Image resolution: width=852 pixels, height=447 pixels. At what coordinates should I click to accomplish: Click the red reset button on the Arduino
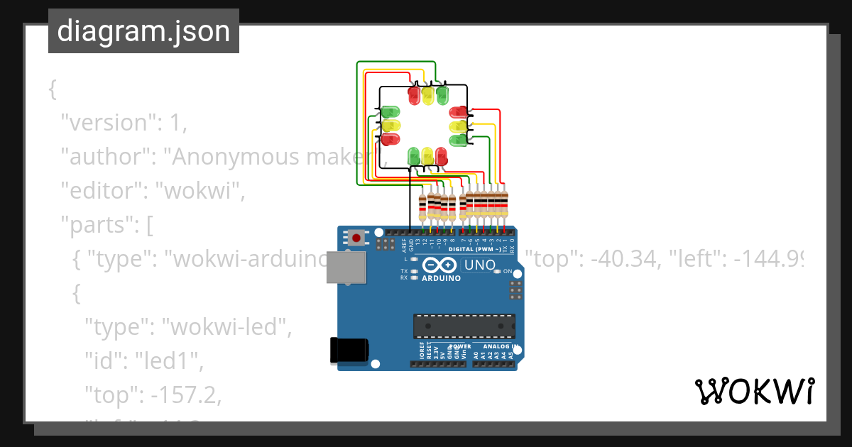pyautogui.click(x=356, y=238)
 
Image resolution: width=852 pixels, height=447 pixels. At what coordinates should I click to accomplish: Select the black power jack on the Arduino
pyautogui.click(x=349, y=351)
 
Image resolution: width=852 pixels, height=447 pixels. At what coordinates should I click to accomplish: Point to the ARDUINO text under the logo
pyautogui.click(x=442, y=278)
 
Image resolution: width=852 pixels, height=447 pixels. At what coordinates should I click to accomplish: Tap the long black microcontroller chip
pyautogui.click(x=464, y=326)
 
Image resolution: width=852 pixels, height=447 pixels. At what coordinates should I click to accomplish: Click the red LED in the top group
pyautogui.click(x=415, y=94)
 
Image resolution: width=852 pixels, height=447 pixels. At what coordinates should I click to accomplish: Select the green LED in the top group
pyautogui.click(x=442, y=94)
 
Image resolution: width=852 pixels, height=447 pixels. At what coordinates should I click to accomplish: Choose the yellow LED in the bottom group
pyautogui.click(x=427, y=155)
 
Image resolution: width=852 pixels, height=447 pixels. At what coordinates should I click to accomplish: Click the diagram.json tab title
pyautogui.click(x=143, y=31)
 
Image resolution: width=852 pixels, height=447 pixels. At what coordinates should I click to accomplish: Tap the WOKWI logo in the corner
pyautogui.click(x=754, y=391)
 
